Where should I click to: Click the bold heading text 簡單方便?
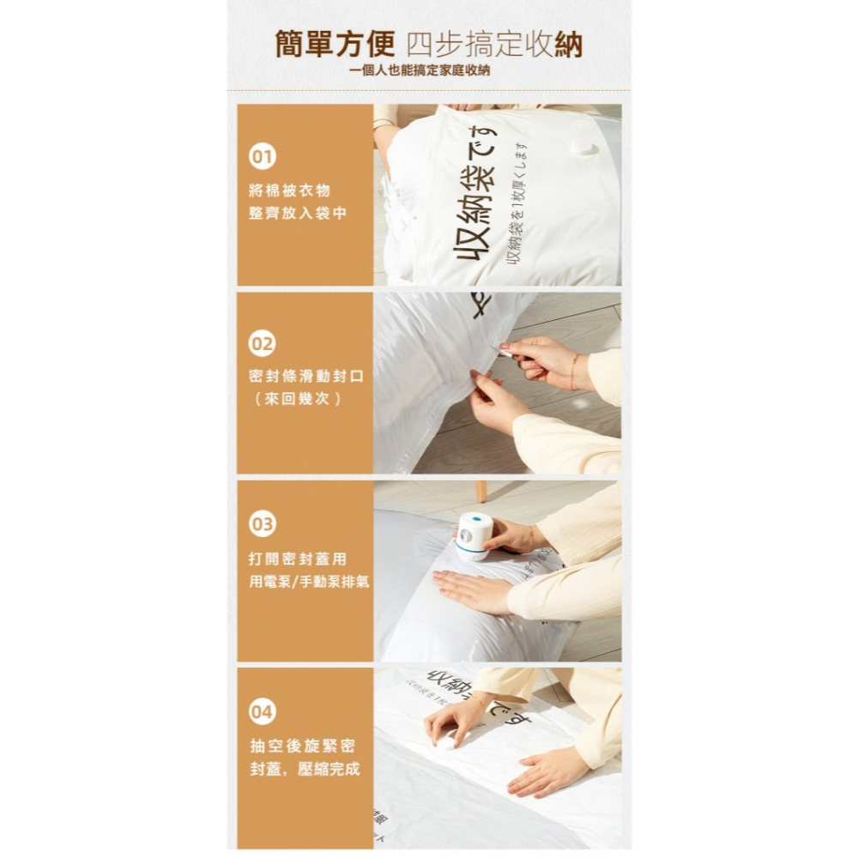[335, 44]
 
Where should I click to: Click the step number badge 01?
[262, 157]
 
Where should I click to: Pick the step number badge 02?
[262, 344]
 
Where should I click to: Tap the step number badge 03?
[262, 524]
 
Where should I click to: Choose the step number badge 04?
[262, 711]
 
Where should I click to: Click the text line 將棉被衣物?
[289, 190]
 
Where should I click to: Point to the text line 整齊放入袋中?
[298, 213]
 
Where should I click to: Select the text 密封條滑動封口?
[306, 377]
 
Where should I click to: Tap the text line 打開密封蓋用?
[298, 559]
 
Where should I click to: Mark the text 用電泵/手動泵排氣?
[309, 582]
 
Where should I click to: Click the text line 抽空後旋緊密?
[302, 745]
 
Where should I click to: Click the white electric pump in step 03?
[473, 536]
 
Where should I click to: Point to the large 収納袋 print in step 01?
[474, 214]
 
